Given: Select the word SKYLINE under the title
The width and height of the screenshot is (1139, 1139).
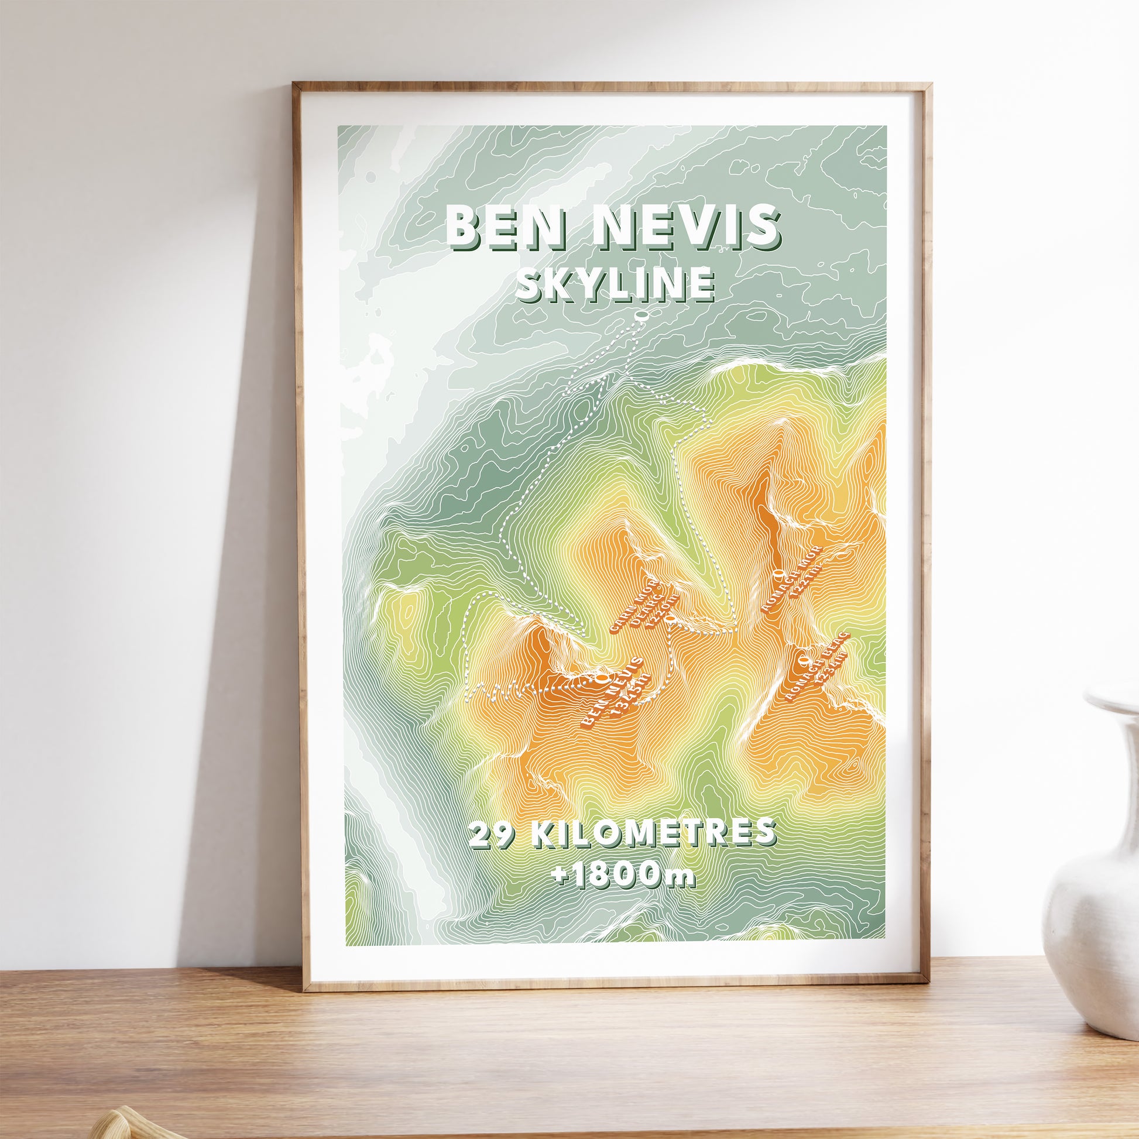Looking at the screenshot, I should click(x=615, y=284).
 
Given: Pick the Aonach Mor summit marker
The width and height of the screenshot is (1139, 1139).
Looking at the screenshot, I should click(x=778, y=572).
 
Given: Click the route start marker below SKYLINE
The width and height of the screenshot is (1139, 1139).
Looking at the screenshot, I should click(x=641, y=317).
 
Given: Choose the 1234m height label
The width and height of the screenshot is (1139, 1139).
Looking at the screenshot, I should click(x=831, y=670).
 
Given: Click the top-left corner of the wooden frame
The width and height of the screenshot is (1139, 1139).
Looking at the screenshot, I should click(x=294, y=85).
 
